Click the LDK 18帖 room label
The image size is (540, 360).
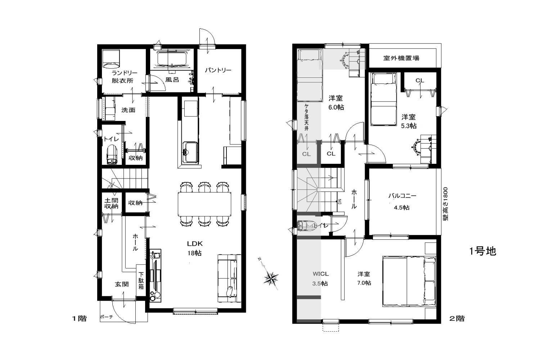pyautogui.click(x=195, y=248)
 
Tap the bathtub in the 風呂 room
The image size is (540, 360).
pyautogui.click(x=172, y=58)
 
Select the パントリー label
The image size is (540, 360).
pyautogui.click(x=218, y=70)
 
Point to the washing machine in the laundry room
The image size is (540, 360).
pyautogui.click(x=111, y=59)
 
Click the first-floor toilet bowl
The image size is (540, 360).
pyautogui.click(x=112, y=154)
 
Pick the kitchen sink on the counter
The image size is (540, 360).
pyautogui.click(x=190, y=152)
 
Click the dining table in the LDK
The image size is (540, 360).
pyautogui.click(x=204, y=204)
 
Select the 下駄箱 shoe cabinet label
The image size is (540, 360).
pyautogui.click(x=141, y=281)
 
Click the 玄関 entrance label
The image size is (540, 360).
pyautogui.click(x=122, y=284)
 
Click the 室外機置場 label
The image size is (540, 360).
pyautogui.click(x=401, y=58)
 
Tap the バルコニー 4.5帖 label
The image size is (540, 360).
pyautogui.click(x=402, y=201)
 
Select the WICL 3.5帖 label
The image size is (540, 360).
pyautogui.click(x=320, y=279)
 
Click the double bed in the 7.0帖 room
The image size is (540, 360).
pyautogui.click(x=409, y=282)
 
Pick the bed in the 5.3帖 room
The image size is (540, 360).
pyautogui.click(x=383, y=99)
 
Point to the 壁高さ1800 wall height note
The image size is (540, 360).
pyautogui.click(x=445, y=204)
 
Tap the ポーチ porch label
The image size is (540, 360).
pyautogui.click(x=107, y=317)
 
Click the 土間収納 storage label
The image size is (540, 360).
pyautogui.click(x=111, y=203)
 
